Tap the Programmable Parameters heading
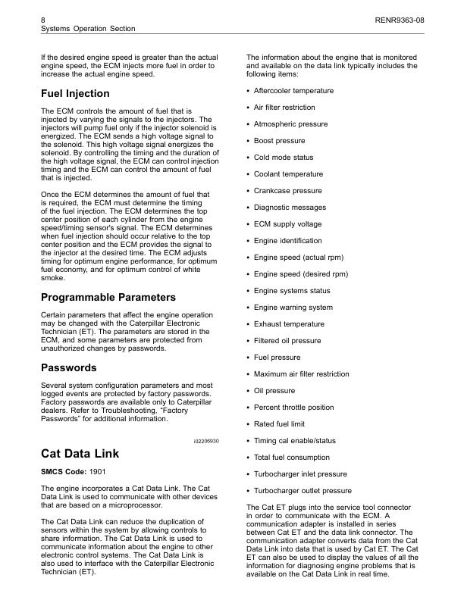[x=108, y=297]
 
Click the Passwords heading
[x=68, y=367]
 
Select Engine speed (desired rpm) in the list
[x=301, y=274]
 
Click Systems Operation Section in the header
[x=87, y=28]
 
